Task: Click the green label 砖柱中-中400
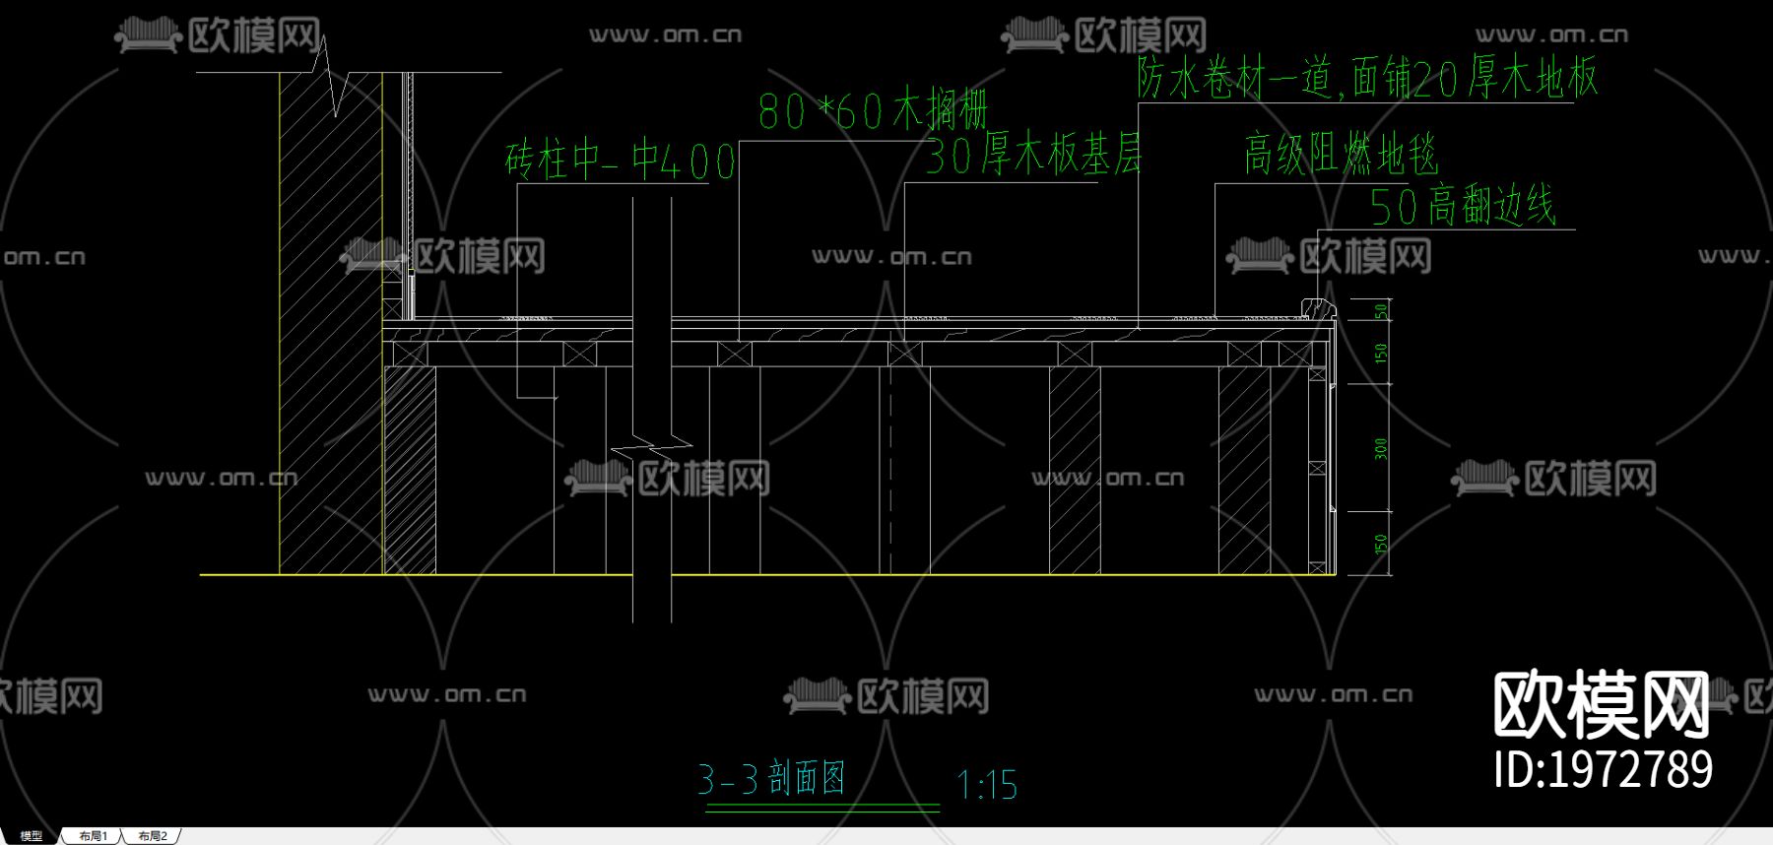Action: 621,161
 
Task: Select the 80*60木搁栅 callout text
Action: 873,110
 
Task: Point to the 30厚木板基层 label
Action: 1033,156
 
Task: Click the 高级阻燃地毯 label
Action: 1342,155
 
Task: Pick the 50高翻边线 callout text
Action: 1463,207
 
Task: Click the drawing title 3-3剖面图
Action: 771,779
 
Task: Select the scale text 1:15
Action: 987,785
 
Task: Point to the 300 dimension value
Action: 1381,448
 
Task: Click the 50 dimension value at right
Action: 1381,311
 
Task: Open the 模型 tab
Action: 32,836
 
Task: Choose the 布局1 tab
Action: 94,836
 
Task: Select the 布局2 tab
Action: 153,836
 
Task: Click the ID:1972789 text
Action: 1603,769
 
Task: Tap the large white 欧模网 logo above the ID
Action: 1601,705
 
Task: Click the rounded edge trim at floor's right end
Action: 1317,309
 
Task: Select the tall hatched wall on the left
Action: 330,325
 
